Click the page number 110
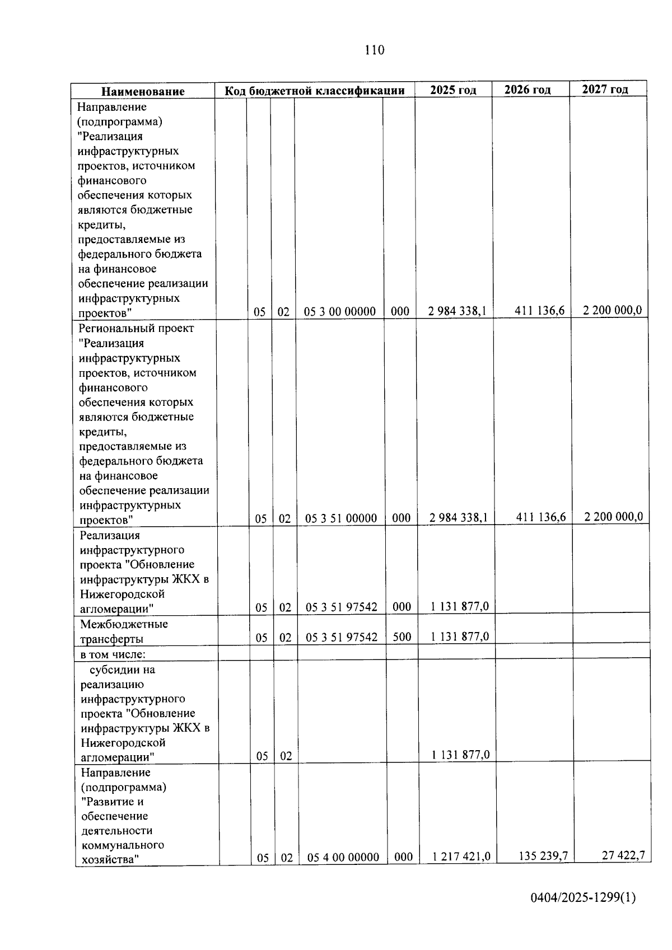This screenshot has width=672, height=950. [x=374, y=50]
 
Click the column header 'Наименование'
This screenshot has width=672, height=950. [x=143, y=91]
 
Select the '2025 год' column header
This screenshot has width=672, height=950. [x=453, y=90]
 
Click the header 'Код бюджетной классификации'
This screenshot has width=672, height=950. [x=315, y=91]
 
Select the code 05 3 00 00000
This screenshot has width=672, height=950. [x=339, y=312]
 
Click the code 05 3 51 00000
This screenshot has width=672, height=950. [x=340, y=518]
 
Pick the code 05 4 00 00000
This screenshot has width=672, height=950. [x=343, y=857]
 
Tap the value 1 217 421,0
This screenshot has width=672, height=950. [x=461, y=857]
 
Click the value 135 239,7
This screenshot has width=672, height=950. [x=542, y=856]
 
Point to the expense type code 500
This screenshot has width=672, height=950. [x=402, y=637]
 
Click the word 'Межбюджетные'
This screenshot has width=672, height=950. [x=124, y=624]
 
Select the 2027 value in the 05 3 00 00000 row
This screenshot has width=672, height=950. [x=612, y=310]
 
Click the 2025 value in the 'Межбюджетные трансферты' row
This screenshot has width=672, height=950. [x=460, y=637]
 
